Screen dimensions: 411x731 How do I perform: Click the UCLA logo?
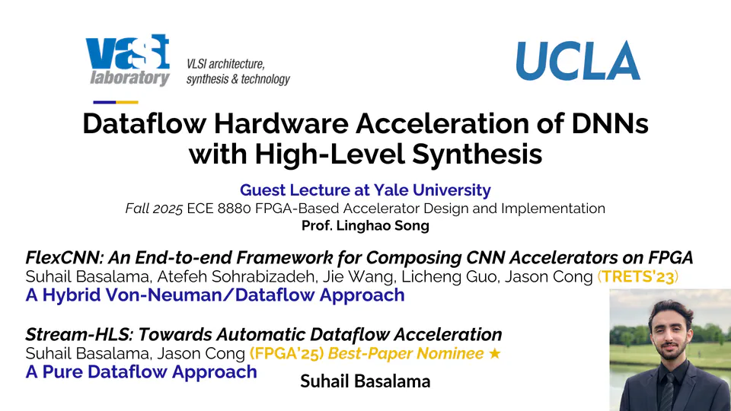pyautogui.click(x=578, y=61)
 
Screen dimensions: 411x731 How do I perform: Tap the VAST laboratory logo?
pyautogui.click(x=128, y=61)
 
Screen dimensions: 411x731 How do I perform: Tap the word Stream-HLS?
pyautogui.click(x=72, y=334)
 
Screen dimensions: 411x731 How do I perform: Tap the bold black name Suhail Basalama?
pyautogui.click(x=365, y=381)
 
